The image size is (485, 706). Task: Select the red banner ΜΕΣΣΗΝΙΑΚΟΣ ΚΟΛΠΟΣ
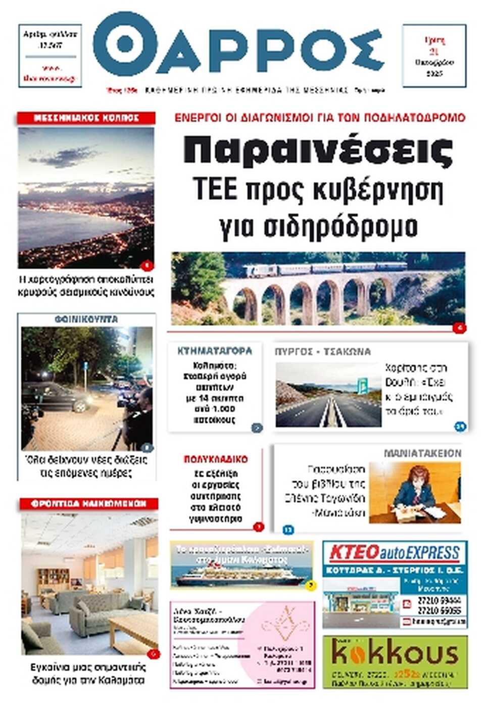click(x=86, y=118)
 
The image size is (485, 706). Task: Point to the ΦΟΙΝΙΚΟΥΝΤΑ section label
click(x=86, y=319)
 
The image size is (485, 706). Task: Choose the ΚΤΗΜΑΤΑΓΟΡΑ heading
click(x=215, y=351)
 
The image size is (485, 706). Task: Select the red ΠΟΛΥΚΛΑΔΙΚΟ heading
click(x=216, y=459)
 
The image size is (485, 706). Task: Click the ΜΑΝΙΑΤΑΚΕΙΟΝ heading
click(x=422, y=453)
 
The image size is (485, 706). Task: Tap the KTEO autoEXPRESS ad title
click(x=395, y=553)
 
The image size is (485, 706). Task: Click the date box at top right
click(x=433, y=56)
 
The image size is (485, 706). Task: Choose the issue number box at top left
click(x=50, y=56)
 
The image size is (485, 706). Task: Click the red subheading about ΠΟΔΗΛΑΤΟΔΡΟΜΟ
click(x=319, y=118)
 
